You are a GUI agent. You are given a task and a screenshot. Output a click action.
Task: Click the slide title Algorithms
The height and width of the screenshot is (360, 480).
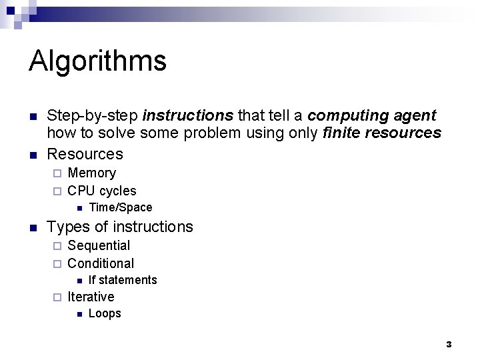click(x=97, y=61)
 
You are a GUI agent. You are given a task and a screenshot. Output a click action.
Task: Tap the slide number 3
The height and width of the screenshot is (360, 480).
click(x=449, y=344)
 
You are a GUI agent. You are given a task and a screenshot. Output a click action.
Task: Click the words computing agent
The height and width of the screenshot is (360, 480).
click(x=372, y=115)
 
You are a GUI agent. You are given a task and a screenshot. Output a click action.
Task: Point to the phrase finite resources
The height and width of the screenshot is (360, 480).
click(x=381, y=133)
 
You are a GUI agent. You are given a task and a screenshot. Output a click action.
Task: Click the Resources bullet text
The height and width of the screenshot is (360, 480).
click(x=85, y=154)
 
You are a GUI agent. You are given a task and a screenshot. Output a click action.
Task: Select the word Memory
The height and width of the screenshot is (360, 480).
click(x=91, y=173)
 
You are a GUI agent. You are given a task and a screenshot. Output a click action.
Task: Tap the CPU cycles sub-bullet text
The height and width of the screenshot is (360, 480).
click(x=101, y=191)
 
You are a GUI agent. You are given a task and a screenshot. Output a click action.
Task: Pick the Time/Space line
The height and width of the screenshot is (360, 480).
click(x=120, y=207)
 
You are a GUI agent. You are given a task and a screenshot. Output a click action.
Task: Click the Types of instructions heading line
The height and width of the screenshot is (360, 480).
click(x=120, y=227)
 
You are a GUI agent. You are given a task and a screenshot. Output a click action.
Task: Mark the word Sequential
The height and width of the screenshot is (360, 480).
click(x=99, y=245)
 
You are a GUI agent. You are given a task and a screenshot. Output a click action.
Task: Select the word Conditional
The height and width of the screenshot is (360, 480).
click(x=101, y=263)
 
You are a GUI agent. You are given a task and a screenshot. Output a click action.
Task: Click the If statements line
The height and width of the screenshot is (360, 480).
click(x=123, y=280)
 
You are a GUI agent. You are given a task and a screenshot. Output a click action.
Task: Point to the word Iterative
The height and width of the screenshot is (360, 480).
click(x=91, y=297)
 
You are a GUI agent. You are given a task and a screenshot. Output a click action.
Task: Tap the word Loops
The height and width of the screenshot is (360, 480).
click(x=105, y=313)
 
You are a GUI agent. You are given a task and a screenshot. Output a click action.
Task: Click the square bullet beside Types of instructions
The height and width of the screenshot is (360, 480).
click(x=33, y=227)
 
